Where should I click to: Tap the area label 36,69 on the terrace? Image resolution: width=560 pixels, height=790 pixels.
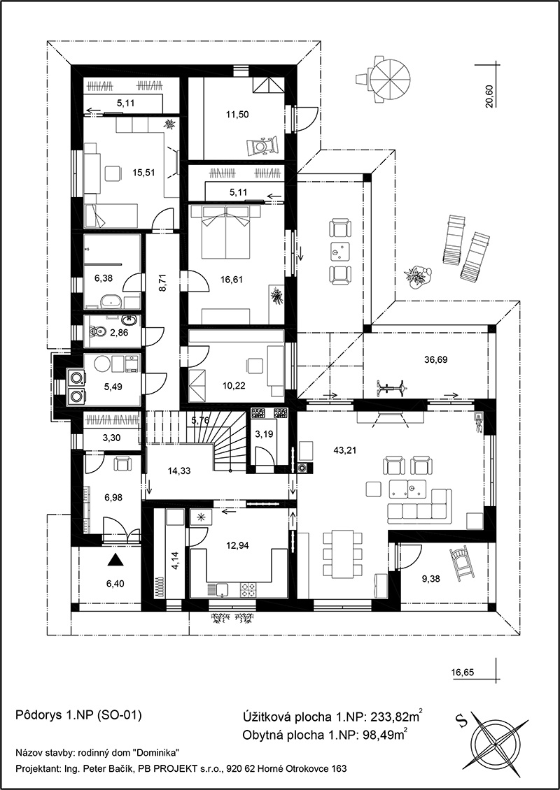point(436,360)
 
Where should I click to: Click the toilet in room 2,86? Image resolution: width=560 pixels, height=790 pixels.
point(97,331)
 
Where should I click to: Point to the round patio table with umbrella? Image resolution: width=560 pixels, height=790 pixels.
point(389,78)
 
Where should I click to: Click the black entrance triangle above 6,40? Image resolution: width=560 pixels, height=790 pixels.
point(116,559)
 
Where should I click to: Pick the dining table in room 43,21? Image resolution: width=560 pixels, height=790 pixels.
point(342,554)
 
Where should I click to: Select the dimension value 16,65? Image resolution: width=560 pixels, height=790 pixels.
point(463,672)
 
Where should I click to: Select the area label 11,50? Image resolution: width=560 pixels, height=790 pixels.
point(238,115)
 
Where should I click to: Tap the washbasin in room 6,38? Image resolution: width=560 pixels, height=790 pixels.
point(111,301)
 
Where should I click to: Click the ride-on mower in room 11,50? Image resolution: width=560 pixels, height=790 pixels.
point(262,146)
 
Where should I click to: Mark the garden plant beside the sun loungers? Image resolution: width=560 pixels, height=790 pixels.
point(418,277)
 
